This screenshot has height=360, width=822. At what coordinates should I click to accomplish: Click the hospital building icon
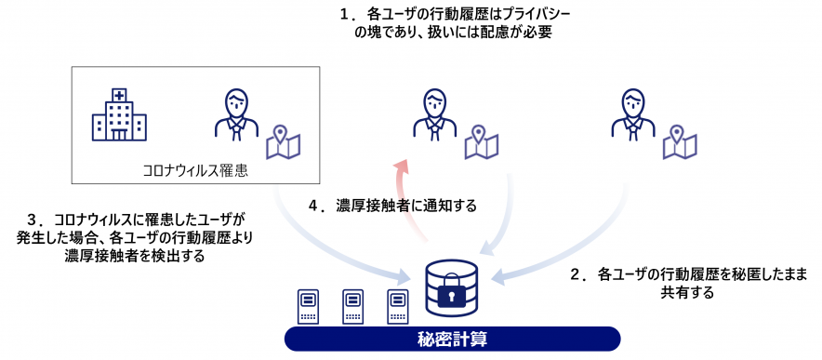(x=119, y=115)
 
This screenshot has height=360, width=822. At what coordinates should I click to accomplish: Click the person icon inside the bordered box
(x=236, y=114)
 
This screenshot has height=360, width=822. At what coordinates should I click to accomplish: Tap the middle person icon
(x=434, y=114)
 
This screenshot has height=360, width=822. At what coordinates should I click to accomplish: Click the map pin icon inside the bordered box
(x=283, y=141)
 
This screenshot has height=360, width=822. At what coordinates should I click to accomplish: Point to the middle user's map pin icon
(x=482, y=141)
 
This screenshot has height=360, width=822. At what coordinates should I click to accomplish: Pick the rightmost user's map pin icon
(x=680, y=141)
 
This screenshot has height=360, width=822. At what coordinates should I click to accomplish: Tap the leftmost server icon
(x=309, y=307)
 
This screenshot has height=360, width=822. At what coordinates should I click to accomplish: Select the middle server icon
(x=353, y=307)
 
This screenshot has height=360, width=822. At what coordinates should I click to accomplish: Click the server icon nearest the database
(x=398, y=307)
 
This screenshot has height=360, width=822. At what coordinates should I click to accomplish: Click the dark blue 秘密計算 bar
(x=452, y=339)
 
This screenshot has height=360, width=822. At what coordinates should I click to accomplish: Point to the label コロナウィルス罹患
(x=193, y=170)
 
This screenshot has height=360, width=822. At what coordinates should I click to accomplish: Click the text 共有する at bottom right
(x=687, y=292)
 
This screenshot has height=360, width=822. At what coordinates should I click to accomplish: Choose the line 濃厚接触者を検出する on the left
(x=135, y=256)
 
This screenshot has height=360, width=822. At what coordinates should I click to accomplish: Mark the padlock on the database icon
(x=452, y=295)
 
